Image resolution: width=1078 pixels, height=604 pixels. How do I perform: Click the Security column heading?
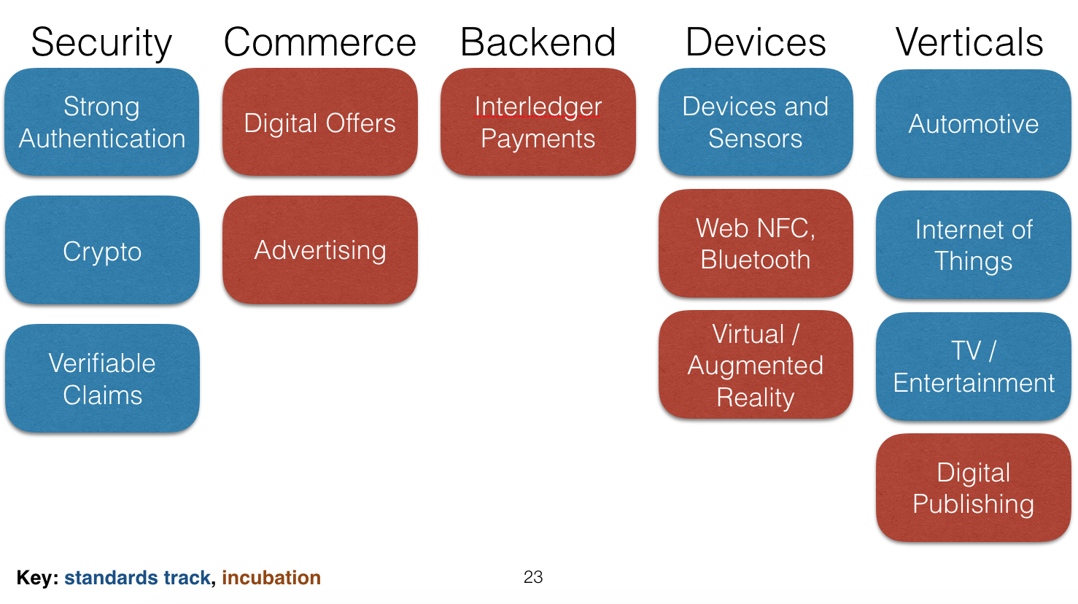coord(101,43)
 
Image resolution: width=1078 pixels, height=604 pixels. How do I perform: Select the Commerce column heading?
coord(320,42)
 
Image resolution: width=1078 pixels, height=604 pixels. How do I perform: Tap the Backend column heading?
coord(538,42)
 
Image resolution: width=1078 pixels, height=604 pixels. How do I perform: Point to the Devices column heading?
coord(756,42)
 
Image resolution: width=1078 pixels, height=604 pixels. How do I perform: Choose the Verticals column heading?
coord(969,42)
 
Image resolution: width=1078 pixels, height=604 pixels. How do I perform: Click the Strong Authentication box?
coord(102,122)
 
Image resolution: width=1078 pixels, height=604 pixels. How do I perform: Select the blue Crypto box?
coord(102,249)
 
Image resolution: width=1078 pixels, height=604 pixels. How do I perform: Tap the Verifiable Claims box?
coord(102,379)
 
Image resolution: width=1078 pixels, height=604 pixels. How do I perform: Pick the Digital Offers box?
coord(320,122)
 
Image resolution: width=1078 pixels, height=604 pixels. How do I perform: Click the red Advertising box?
coord(320,249)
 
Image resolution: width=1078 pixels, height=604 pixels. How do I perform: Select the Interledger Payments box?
coord(538,122)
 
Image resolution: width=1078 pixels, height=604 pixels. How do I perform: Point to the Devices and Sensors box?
coord(756,122)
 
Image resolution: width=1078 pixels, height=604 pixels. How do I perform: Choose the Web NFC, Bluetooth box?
coord(756,243)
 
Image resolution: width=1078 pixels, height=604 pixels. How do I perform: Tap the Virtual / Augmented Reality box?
coord(756,364)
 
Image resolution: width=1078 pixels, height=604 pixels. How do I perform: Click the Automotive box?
coord(974,124)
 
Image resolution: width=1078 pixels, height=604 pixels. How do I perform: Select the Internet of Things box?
coord(974,245)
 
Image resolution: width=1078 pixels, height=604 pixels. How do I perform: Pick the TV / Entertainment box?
coord(974,367)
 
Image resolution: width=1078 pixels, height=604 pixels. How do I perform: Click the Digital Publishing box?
coord(974,488)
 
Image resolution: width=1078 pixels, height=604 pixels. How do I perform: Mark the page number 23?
coord(533,576)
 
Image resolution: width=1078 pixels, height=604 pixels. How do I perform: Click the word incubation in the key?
coord(271,577)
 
